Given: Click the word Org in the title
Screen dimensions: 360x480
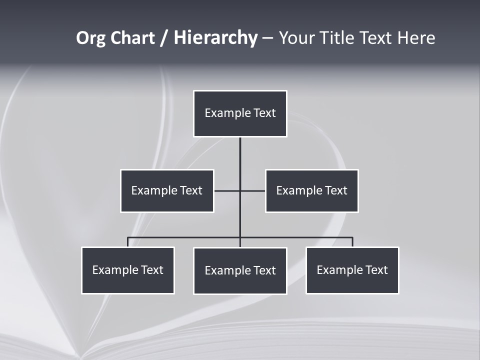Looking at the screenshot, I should pos(90,38).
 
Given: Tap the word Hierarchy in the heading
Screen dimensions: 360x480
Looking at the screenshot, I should pos(215,38).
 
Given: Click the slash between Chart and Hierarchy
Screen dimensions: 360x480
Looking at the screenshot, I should pos(163,38).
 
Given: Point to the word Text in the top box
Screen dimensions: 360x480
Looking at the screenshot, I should pos(264,113).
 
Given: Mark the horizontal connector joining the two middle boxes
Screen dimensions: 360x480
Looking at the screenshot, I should pos(227,190).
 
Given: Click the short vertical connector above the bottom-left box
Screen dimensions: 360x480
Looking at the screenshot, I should pos(128,242).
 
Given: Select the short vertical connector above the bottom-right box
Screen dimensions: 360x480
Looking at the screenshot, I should pos(352,242).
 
